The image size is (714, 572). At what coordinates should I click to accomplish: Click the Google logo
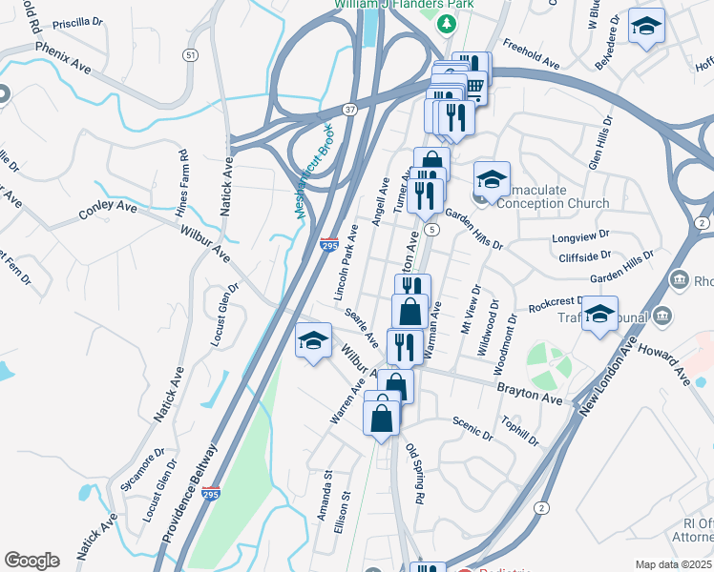[31, 561]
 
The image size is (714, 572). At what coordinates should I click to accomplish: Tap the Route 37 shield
[350, 110]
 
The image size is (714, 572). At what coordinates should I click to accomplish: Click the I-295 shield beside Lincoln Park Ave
[328, 246]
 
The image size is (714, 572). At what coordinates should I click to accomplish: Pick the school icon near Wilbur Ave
[313, 341]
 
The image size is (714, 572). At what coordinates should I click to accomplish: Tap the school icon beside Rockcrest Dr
[599, 315]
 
